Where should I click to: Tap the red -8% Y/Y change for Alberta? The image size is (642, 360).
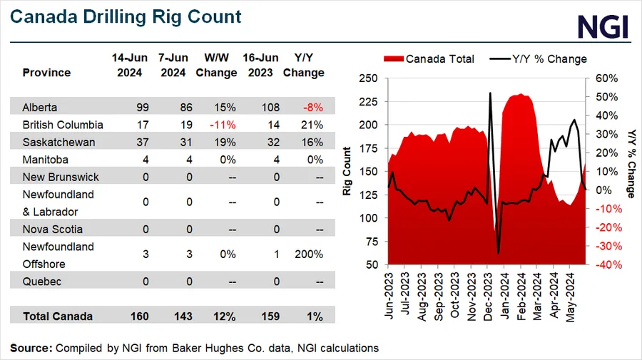(312, 108)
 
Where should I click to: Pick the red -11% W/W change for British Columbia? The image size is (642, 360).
(225, 125)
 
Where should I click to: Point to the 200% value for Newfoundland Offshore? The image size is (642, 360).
(309, 254)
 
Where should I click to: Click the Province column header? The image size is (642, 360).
(46, 73)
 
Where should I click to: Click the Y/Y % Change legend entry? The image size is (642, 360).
(539, 59)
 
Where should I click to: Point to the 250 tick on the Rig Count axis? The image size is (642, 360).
(369, 78)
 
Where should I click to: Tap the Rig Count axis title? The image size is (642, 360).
(347, 171)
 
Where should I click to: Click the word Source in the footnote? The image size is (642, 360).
(31, 348)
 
